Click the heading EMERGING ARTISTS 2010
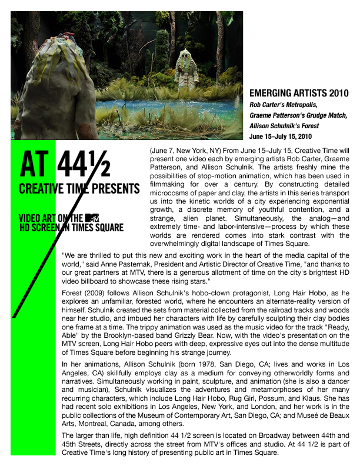[x=299, y=94]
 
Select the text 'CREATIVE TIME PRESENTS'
[x=79, y=189]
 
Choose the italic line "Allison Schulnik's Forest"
[x=285, y=125]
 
